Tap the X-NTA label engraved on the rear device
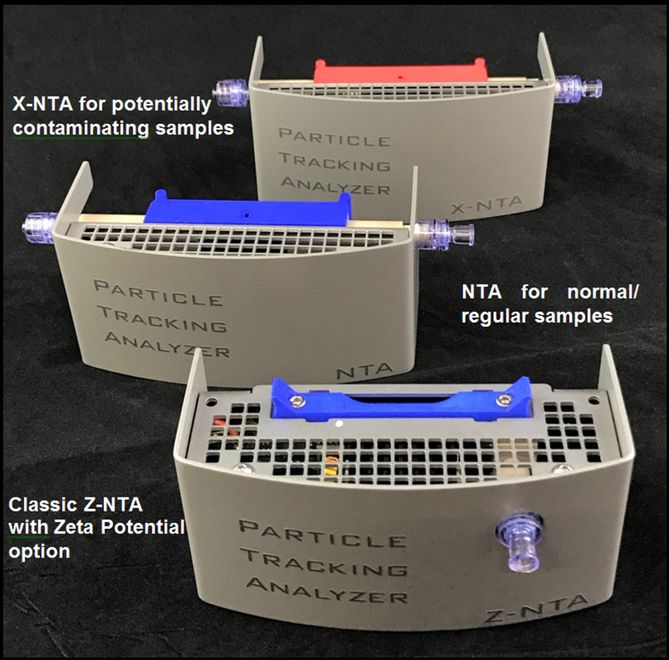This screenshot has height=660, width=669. (487, 205)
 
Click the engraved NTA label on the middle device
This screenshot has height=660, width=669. (364, 370)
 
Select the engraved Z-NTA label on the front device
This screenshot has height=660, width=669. (536, 610)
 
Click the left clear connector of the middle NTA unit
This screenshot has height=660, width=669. (40, 228)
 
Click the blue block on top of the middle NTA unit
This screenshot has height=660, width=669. (247, 209)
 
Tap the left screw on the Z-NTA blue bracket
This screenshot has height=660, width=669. (296, 400)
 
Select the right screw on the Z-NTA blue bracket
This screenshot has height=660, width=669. (502, 400)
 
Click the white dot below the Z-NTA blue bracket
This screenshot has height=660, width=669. (340, 424)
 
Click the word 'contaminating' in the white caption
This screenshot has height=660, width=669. (81, 128)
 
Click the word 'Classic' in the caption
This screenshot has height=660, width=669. (42, 505)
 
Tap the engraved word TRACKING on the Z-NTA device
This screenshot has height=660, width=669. (323, 563)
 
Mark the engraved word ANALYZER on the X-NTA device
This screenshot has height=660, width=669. (336, 186)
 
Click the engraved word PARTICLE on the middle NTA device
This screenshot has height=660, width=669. (158, 293)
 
